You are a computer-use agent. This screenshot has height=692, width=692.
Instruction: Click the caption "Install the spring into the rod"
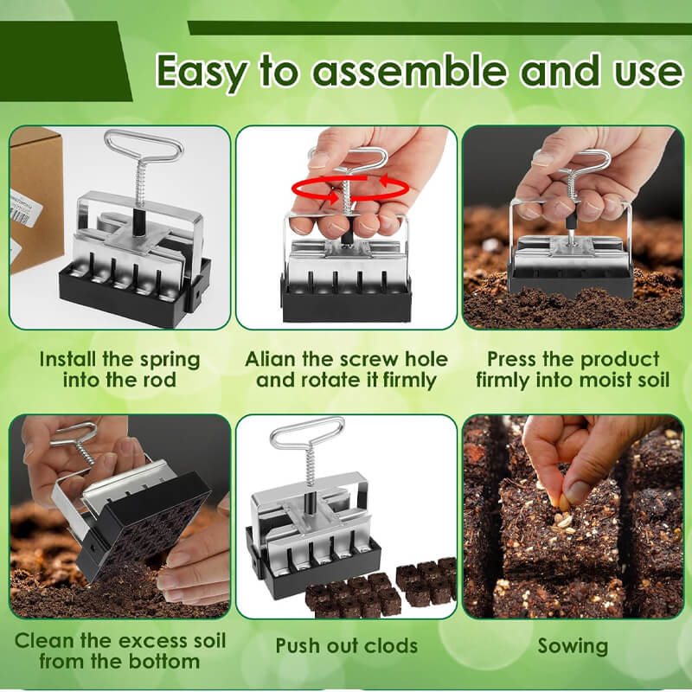pyautogui.click(x=119, y=369)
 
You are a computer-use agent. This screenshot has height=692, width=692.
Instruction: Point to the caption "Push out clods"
pyautogui.click(x=346, y=645)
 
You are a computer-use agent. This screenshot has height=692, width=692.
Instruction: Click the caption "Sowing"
pyautogui.click(x=573, y=645)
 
